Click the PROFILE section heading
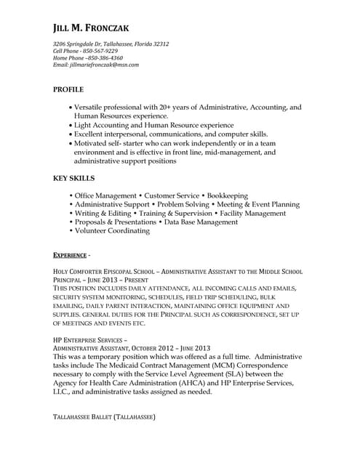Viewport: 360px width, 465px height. point(68,89)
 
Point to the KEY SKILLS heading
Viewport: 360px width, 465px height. point(73,178)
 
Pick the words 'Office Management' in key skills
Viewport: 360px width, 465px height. point(105,195)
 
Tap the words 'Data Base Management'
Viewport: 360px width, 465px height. point(201,222)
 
